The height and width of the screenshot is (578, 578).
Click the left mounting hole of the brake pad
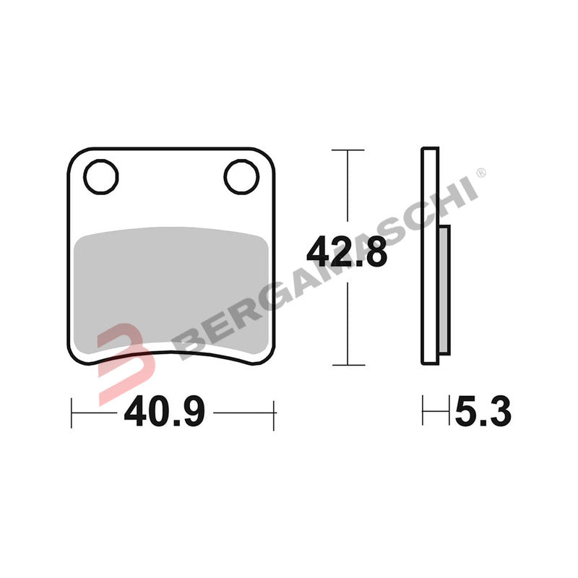click(100, 176)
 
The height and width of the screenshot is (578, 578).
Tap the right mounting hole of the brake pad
click(241, 176)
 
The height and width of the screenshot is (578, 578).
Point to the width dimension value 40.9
click(165, 413)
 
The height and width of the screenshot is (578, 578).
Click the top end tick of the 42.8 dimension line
click(348, 150)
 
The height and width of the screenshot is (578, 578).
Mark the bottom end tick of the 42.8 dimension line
click(348, 365)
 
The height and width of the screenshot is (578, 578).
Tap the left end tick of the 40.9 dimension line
click(72, 413)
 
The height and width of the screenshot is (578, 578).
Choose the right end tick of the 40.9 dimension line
click(274, 413)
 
